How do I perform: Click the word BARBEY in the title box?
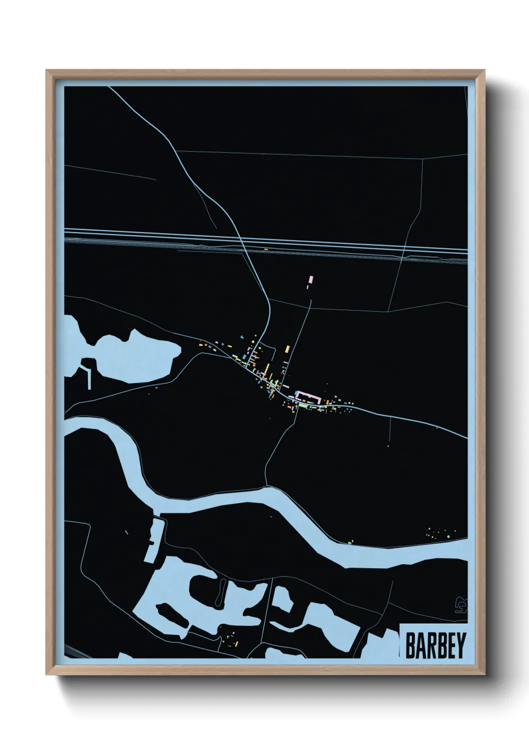tap(435, 645)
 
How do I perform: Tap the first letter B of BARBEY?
tap(410, 645)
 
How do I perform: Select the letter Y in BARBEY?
tap(461, 645)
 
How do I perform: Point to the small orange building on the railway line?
tap(266, 249)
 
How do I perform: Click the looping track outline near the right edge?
tap(461, 605)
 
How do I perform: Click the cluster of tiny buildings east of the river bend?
tap(440, 532)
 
